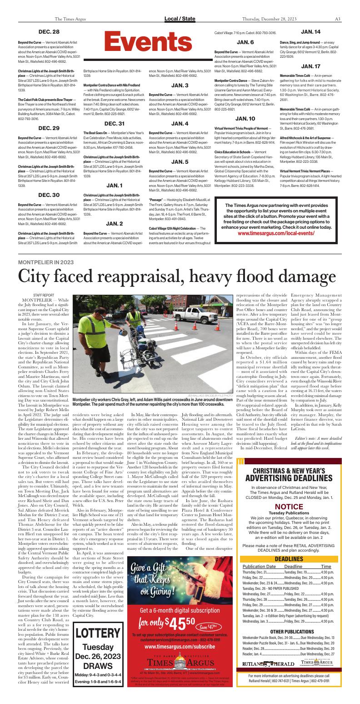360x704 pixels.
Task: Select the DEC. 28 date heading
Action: (x=49, y=32)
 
